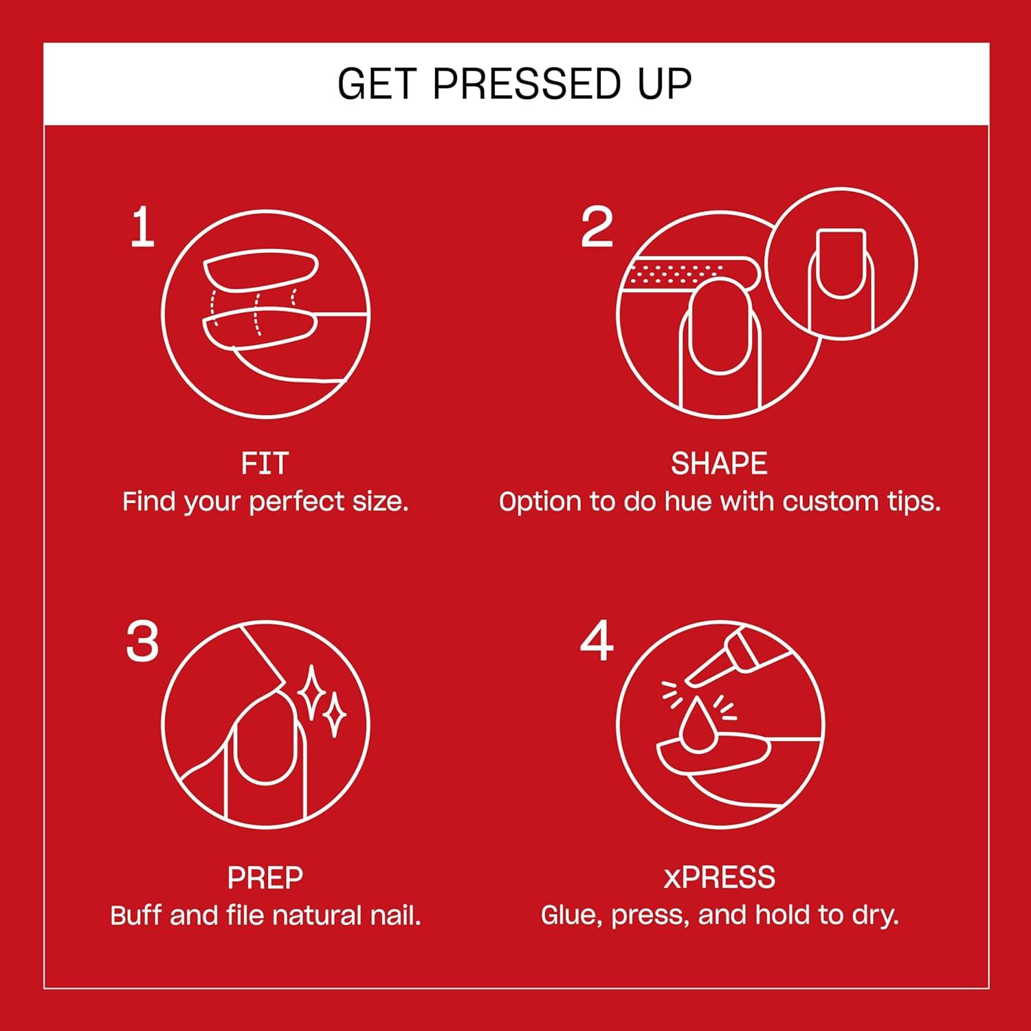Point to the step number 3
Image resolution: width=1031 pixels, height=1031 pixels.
[x=142, y=643]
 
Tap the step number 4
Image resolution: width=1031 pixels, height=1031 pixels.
[x=596, y=641]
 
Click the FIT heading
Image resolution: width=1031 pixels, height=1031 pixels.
[x=265, y=464]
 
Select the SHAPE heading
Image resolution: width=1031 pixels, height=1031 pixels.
[x=719, y=464]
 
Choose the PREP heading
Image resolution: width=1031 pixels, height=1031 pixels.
[x=265, y=878]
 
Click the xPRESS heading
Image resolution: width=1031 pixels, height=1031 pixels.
[x=719, y=878]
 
